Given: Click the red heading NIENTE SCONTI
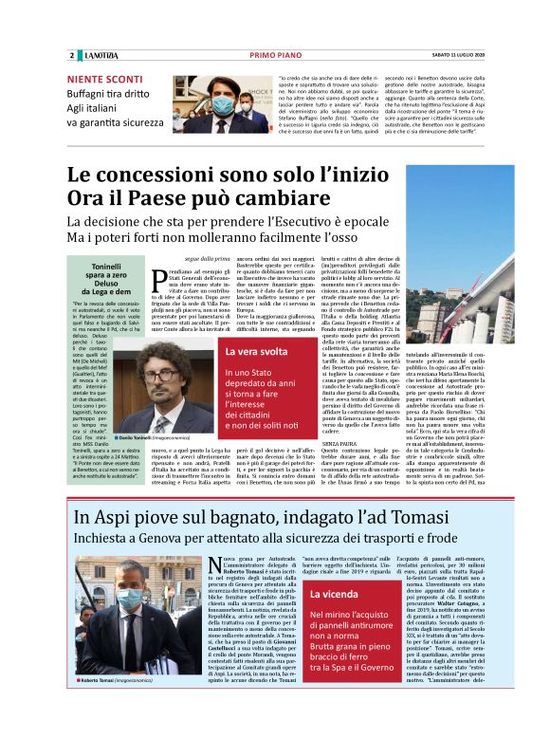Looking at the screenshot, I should tap(101, 80).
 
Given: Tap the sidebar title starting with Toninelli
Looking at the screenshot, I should tap(110, 268).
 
